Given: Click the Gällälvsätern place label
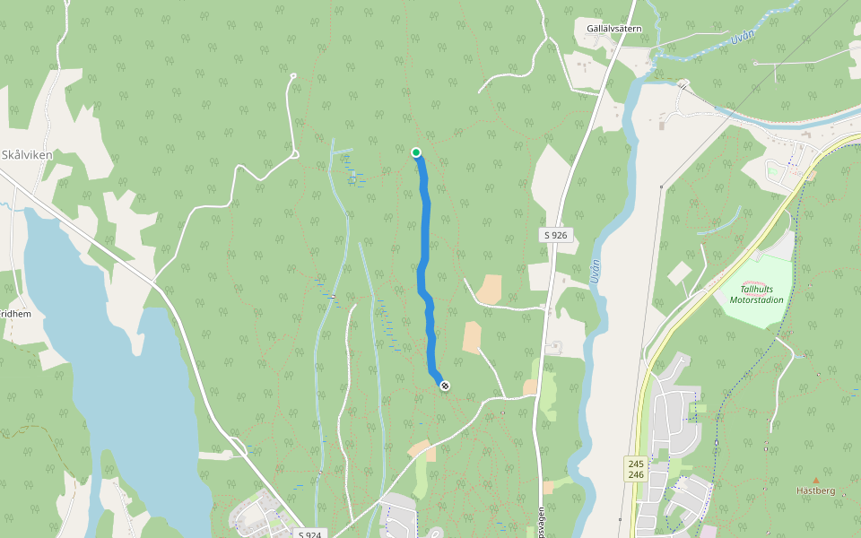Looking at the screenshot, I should pyautogui.click(x=613, y=29).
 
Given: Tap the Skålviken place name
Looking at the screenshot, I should pyautogui.click(x=27, y=154).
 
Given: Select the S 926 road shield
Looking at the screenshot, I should pyautogui.click(x=555, y=235).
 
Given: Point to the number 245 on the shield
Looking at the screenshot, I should pyautogui.click(x=636, y=463).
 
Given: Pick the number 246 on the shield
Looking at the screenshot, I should pyautogui.click(x=636, y=474).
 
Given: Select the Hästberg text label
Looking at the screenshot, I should pyautogui.click(x=815, y=490).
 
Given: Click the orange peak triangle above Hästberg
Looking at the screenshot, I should pyautogui.click(x=815, y=480).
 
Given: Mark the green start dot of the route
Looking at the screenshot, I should pyautogui.click(x=416, y=152).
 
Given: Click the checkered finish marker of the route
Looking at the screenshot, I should pyautogui.click(x=445, y=385).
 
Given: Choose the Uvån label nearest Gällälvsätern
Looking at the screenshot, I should pyautogui.click(x=741, y=39).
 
